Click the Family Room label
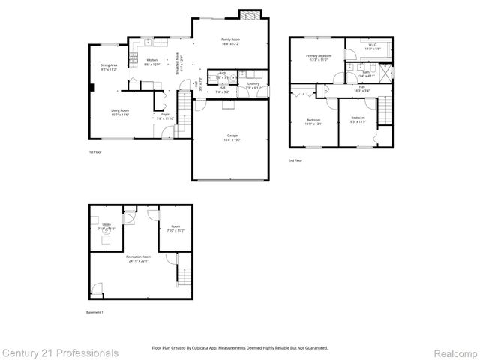pos(229,40)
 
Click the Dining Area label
pos(108,67)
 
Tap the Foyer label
pos(165,116)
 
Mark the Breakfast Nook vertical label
pos(178,64)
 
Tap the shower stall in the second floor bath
pos(385,73)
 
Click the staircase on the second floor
pos(383,111)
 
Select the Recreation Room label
pos(137,259)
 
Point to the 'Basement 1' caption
pos(95,312)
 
